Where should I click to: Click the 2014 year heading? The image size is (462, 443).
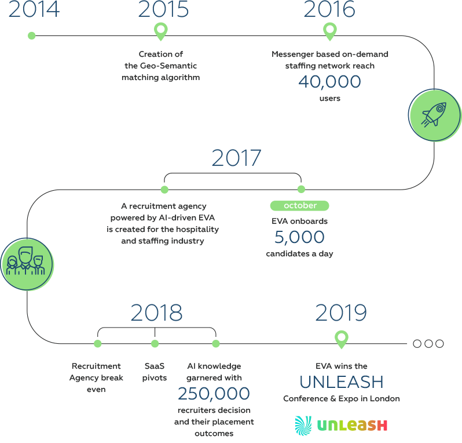pos(34,9)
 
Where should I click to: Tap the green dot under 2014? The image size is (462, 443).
pos(31,36)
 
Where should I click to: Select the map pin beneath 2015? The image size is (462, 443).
pos(161,31)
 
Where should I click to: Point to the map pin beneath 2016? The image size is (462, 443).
pos(329,31)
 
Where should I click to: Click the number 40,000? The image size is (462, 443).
pos(329,81)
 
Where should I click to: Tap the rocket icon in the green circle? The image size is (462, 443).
pos(434,115)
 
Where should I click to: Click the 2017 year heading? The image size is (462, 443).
pos(237,158)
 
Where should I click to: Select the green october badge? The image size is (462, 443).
pos(300,205)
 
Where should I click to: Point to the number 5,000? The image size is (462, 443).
pos(299,237)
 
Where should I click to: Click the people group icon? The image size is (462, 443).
pos(25,261)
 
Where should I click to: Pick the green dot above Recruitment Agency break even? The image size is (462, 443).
pos(97,343)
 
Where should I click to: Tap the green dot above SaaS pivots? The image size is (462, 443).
pos(155,343)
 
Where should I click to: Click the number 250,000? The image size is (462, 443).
pos(214,394)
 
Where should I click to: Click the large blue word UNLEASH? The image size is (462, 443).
pos(342,382)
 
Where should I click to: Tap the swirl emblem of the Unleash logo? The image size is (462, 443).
pos(303,426)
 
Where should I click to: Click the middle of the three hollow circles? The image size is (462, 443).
pos(428,343)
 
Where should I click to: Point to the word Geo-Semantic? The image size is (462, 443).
pos(168,66)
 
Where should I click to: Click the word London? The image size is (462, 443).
pos(385,399)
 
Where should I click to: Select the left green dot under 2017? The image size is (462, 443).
pos(164,190)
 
